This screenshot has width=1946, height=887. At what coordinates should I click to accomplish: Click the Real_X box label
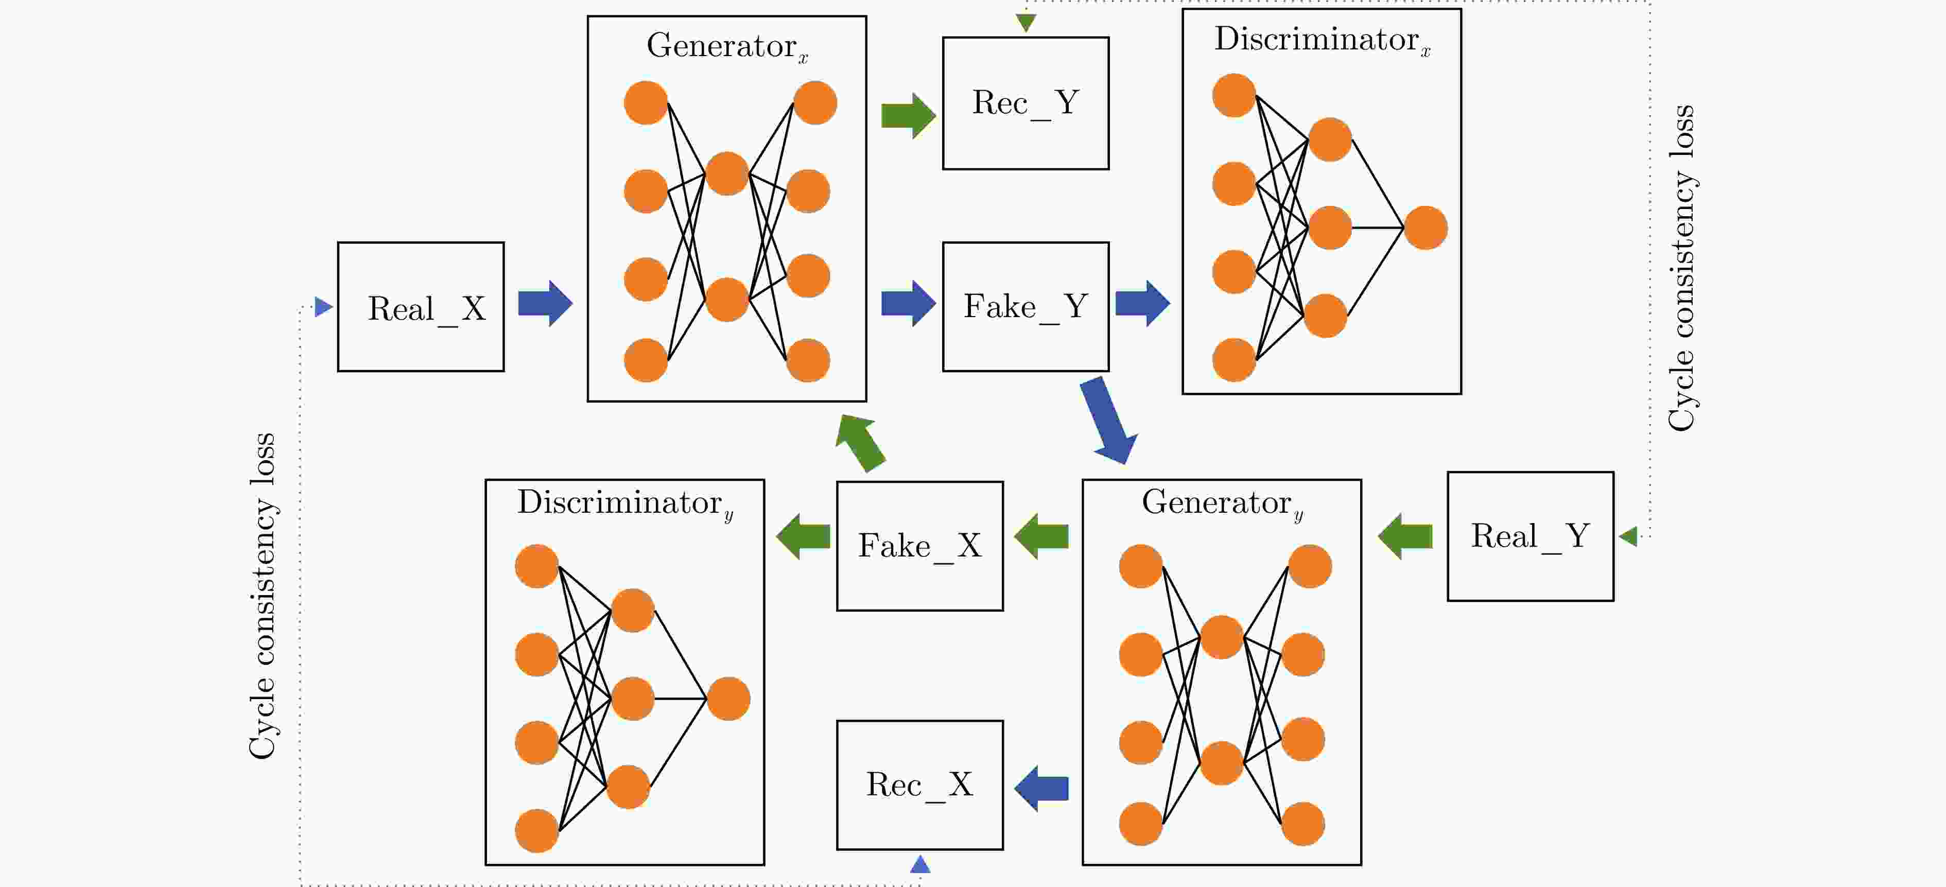click(x=426, y=308)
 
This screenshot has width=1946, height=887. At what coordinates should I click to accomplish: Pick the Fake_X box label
click(x=919, y=546)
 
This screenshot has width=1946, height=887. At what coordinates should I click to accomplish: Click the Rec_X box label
click(x=919, y=784)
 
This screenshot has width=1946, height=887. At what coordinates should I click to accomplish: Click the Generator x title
click(x=727, y=46)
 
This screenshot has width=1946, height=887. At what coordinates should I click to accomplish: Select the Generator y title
click(x=1222, y=503)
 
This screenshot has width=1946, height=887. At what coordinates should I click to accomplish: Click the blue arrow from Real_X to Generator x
click(x=545, y=304)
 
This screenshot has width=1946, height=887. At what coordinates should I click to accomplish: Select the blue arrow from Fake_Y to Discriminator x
click(x=1142, y=304)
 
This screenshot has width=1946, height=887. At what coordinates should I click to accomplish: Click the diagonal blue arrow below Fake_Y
click(x=1108, y=420)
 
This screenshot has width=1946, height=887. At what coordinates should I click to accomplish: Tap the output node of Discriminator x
click(x=1426, y=228)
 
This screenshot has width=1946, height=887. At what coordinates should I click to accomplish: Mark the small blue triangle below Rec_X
click(x=920, y=864)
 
